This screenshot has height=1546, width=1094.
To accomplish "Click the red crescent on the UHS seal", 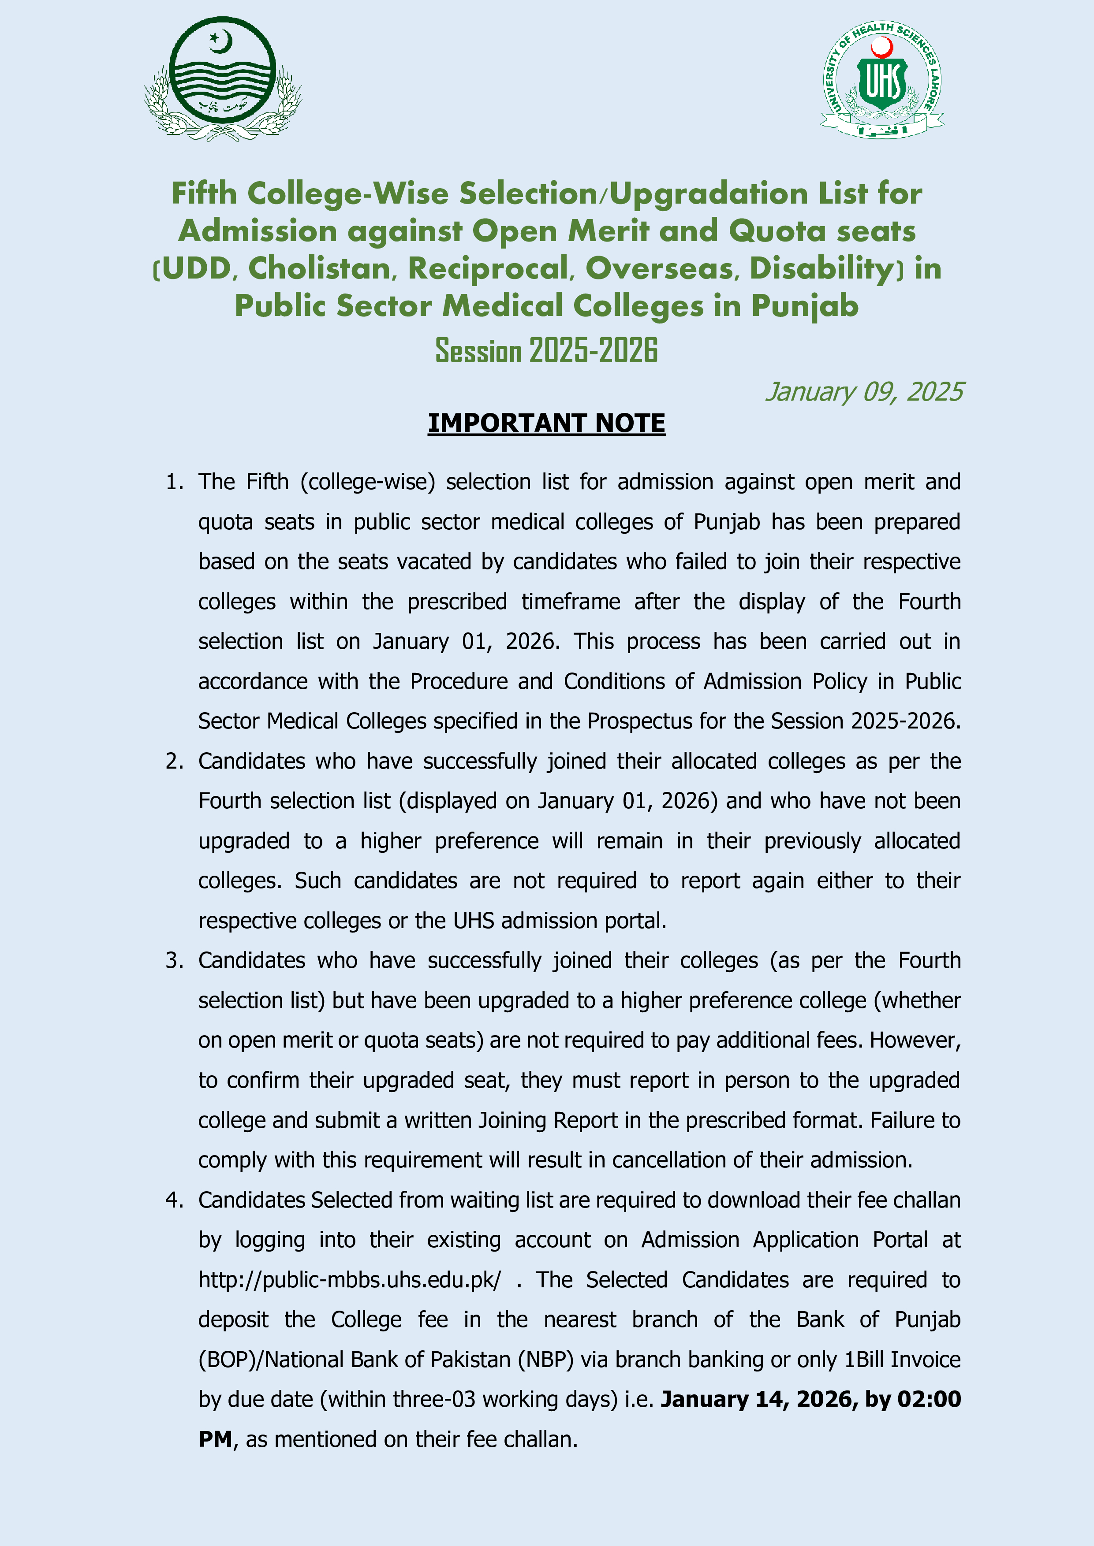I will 882,47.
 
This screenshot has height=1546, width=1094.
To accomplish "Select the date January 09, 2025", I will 864,392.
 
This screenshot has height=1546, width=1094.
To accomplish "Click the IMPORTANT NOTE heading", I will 546,424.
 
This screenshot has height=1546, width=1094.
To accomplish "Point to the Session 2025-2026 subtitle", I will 546,351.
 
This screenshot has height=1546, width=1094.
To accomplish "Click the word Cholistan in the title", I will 319,269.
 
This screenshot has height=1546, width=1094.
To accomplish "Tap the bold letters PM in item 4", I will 215,1439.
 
